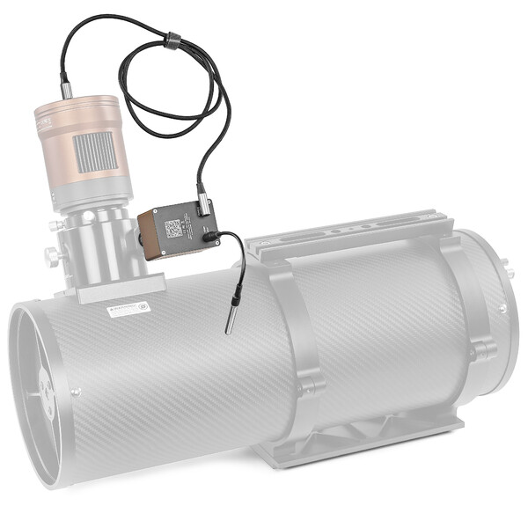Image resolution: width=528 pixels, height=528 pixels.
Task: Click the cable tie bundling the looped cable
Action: click(173, 39)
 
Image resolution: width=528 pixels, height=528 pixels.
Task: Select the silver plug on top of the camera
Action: click(67, 89)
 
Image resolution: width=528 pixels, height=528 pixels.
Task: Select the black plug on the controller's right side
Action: click(210, 236)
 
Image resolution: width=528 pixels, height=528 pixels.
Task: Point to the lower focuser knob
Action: click(52, 254)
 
